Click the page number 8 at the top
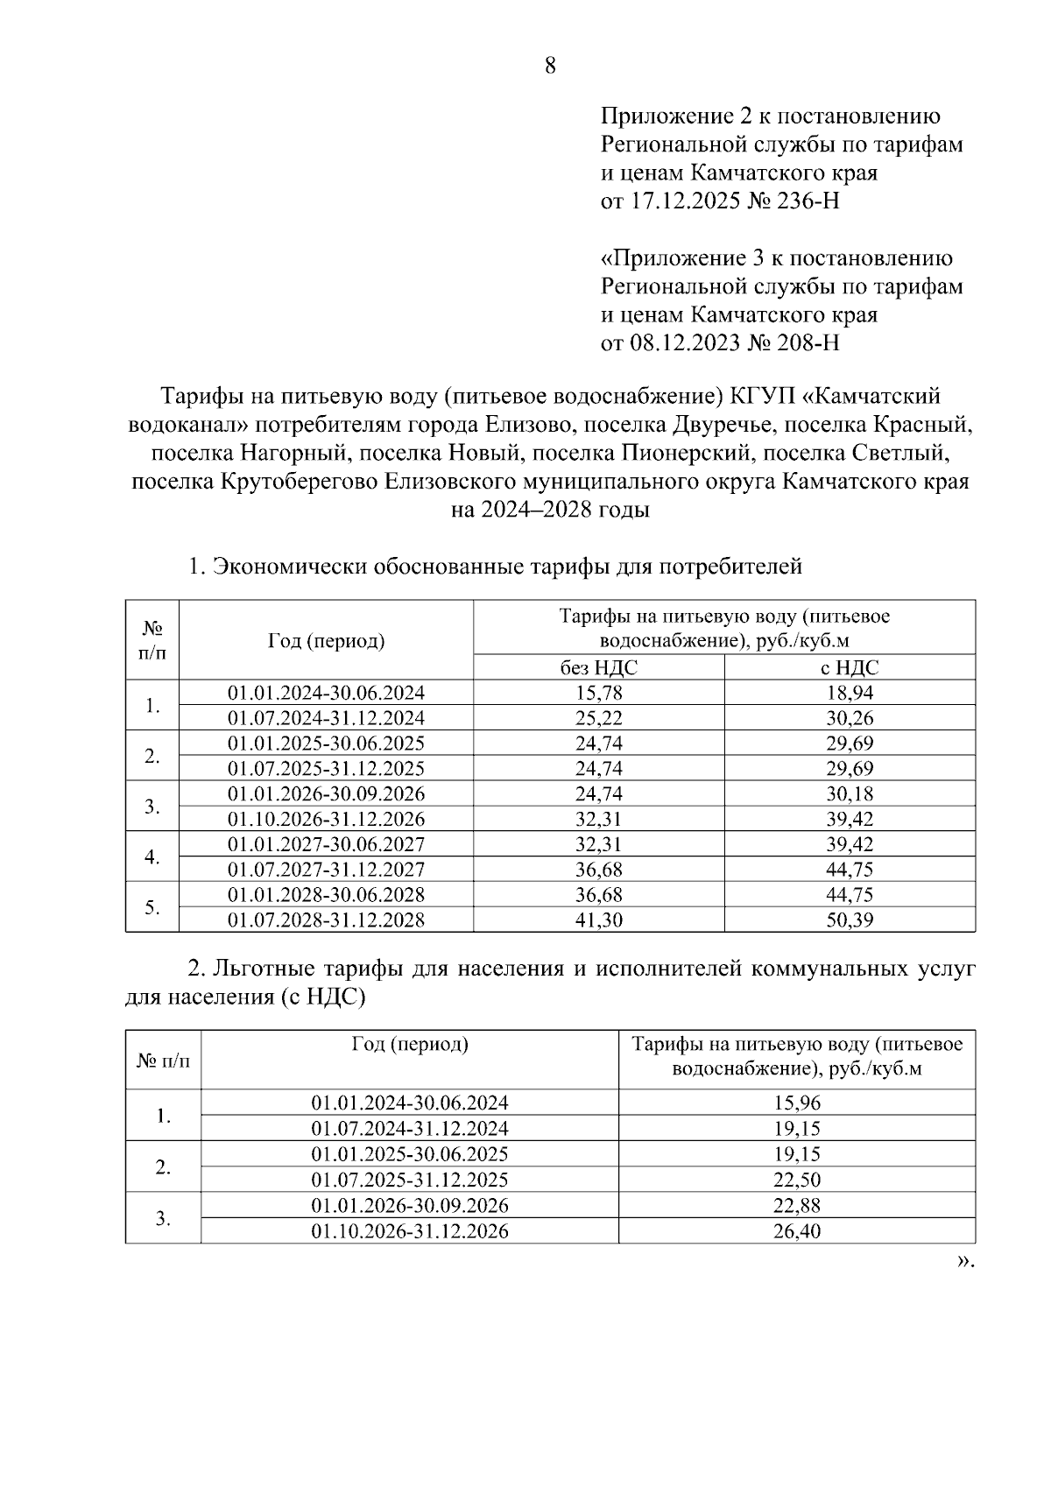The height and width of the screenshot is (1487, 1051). coord(550,66)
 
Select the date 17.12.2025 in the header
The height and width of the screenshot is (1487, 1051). coord(682,201)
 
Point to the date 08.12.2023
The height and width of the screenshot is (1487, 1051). coord(682,342)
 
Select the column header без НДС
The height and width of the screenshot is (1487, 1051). coord(599,667)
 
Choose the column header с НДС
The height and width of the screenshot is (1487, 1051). coord(849,667)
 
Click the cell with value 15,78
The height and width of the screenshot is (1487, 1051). coord(599,693)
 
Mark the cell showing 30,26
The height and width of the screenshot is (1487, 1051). coord(849,718)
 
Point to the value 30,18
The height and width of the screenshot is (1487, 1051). coord(849,794)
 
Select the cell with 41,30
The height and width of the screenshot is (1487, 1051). coord(599,920)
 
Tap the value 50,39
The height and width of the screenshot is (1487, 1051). coord(849,920)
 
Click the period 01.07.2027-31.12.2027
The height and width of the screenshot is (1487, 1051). coord(326,870)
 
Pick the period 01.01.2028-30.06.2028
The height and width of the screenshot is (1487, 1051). coord(326,895)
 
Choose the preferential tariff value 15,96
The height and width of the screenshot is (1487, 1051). coord(796,1103)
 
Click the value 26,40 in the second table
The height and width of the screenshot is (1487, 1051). coord(796,1231)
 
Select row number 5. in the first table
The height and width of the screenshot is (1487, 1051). coord(152,907)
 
